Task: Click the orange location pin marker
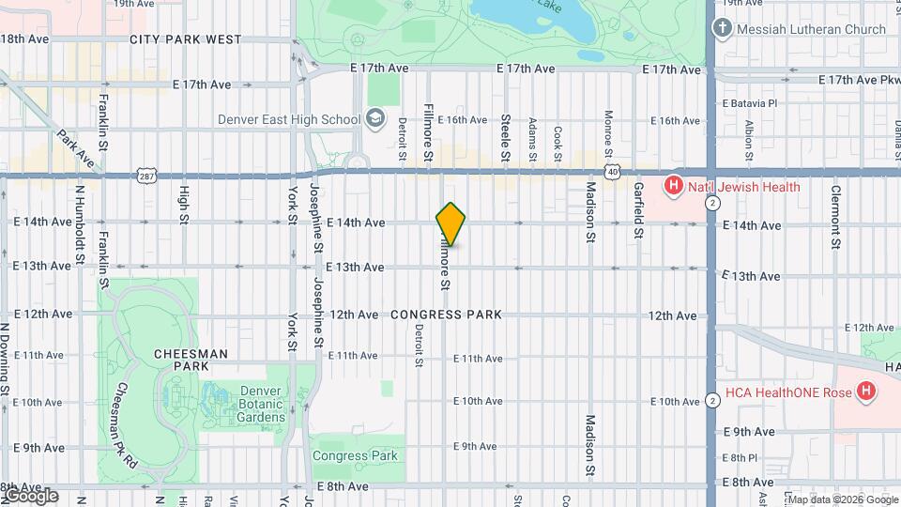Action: pyautogui.click(x=450, y=223)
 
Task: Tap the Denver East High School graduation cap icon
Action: pyautogui.click(x=375, y=118)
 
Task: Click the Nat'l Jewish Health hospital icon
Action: pyautogui.click(x=673, y=187)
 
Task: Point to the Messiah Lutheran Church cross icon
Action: pyautogui.click(x=722, y=28)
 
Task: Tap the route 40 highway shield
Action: pyautogui.click(x=612, y=172)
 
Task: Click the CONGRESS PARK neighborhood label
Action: pyautogui.click(x=446, y=315)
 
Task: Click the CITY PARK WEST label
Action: pyautogui.click(x=185, y=39)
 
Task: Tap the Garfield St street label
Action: pyautogui.click(x=638, y=211)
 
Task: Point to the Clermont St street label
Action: pyautogui.click(x=834, y=218)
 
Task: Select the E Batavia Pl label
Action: pyautogui.click(x=750, y=102)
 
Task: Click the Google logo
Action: pyautogui.click(x=30, y=496)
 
